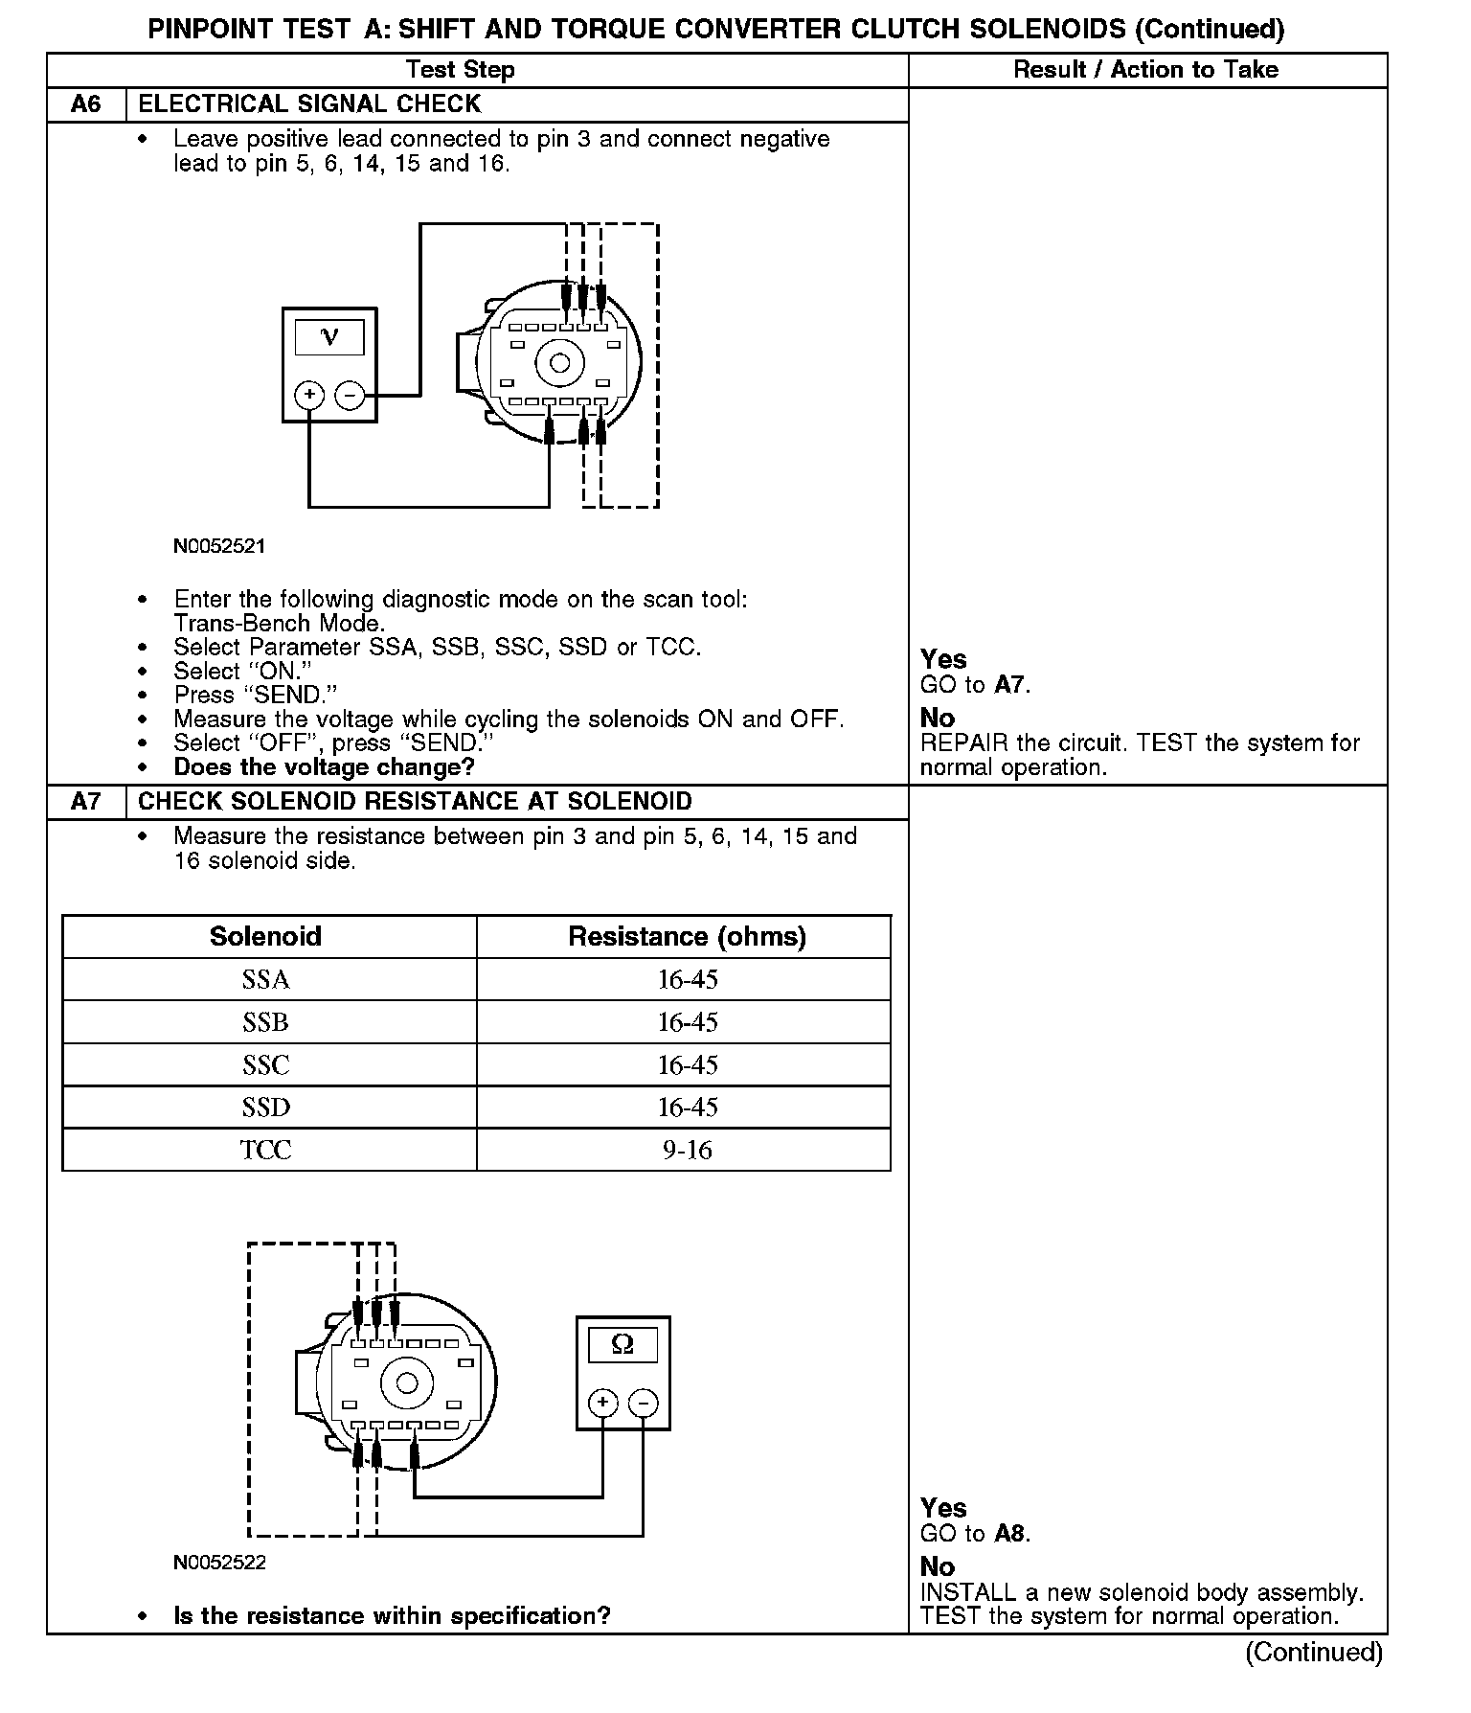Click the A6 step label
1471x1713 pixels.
pos(86,104)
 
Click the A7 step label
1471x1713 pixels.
pos(86,802)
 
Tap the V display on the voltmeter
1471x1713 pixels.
pos(329,337)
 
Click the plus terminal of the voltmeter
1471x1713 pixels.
pos(308,395)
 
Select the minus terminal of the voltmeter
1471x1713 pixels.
pos(351,395)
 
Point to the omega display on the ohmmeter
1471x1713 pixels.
pos(622,1345)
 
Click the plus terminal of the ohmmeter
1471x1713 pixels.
pos(602,1404)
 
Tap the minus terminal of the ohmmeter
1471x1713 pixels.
pos(644,1404)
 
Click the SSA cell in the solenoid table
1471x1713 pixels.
pos(266,980)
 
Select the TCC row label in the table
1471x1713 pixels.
pos(266,1150)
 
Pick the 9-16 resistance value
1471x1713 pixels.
pos(688,1150)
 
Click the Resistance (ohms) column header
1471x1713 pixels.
pos(687,936)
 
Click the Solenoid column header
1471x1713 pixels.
pos(266,936)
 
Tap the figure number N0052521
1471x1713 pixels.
pos(219,547)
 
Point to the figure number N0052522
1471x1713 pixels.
pos(219,1563)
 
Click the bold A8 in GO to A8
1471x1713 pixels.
pos(1010,1534)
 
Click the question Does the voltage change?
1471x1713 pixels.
pos(325,767)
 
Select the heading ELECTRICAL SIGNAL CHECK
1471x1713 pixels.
pos(309,104)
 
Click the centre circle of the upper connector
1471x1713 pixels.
pos(560,363)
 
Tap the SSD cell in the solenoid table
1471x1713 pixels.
pos(266,1108)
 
